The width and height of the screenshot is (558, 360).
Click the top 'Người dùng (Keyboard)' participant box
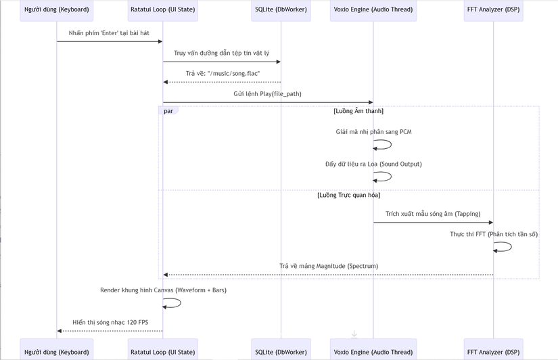pos(57,10)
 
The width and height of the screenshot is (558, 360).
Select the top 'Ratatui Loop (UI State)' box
pos(162,10)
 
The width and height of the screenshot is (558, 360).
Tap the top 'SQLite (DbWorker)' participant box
pos(281,10)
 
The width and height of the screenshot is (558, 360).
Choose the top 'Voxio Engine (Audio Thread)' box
pos(373,10)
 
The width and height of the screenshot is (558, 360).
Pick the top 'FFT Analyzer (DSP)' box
pos(493,10)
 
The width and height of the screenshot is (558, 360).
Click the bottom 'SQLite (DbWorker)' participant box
pos(281,349)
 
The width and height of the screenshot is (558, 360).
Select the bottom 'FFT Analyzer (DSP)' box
pos(493,349)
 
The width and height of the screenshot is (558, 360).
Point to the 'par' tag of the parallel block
pos(168,111)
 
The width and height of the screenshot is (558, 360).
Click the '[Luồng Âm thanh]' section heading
pos(358,111)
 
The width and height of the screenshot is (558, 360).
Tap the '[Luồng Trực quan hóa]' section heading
pos(349,195)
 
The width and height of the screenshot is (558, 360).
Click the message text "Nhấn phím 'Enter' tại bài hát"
pos(109,33)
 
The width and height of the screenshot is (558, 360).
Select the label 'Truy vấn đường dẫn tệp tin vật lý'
pos(221,53)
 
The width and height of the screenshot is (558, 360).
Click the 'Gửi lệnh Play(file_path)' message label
pos(267,94)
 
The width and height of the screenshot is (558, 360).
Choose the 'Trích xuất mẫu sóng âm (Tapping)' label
pos(433,214)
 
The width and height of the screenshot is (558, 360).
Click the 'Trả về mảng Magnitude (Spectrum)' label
pos(329,266)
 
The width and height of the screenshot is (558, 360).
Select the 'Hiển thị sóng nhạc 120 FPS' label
pos(110,322)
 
